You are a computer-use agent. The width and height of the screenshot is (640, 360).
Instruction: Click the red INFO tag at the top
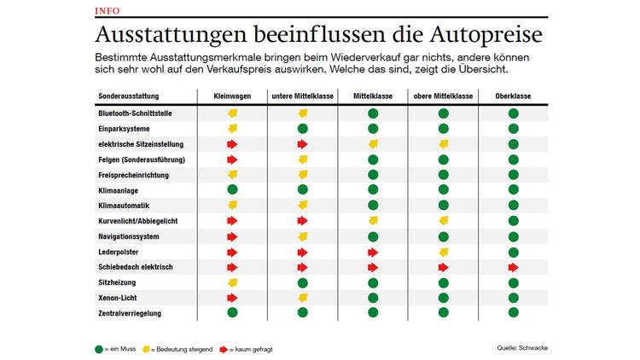point(108,10)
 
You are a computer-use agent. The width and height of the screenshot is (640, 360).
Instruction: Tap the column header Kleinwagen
point(231,96)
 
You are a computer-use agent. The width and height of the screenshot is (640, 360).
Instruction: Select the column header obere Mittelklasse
point(443,96)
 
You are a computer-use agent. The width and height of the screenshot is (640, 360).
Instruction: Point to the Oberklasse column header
point(513,96)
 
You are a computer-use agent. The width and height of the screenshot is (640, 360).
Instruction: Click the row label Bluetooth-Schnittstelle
point(136,113)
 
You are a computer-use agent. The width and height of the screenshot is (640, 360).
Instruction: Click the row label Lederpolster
point(119,252)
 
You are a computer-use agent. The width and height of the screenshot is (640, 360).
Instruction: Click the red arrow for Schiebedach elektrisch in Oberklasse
point(514,267)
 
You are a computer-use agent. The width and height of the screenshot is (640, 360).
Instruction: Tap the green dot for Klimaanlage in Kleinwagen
point(232,190)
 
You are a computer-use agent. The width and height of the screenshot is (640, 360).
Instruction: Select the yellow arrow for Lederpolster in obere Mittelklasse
point(444,252)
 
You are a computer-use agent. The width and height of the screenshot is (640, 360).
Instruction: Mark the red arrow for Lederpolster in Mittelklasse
point(373,252)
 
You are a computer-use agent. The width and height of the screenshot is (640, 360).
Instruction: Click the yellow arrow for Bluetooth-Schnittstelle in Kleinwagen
point(232,113)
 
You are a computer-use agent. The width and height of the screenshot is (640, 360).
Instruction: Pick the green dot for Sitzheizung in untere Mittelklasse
point(302,282)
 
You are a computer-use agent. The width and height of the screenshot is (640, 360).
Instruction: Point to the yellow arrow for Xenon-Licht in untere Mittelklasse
point(302,298)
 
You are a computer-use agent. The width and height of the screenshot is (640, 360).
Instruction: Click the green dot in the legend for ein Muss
point(98,348)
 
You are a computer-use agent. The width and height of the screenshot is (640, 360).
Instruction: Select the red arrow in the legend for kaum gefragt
point(224,348)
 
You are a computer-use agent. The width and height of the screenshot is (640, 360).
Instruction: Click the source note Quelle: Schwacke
point(522,347)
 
